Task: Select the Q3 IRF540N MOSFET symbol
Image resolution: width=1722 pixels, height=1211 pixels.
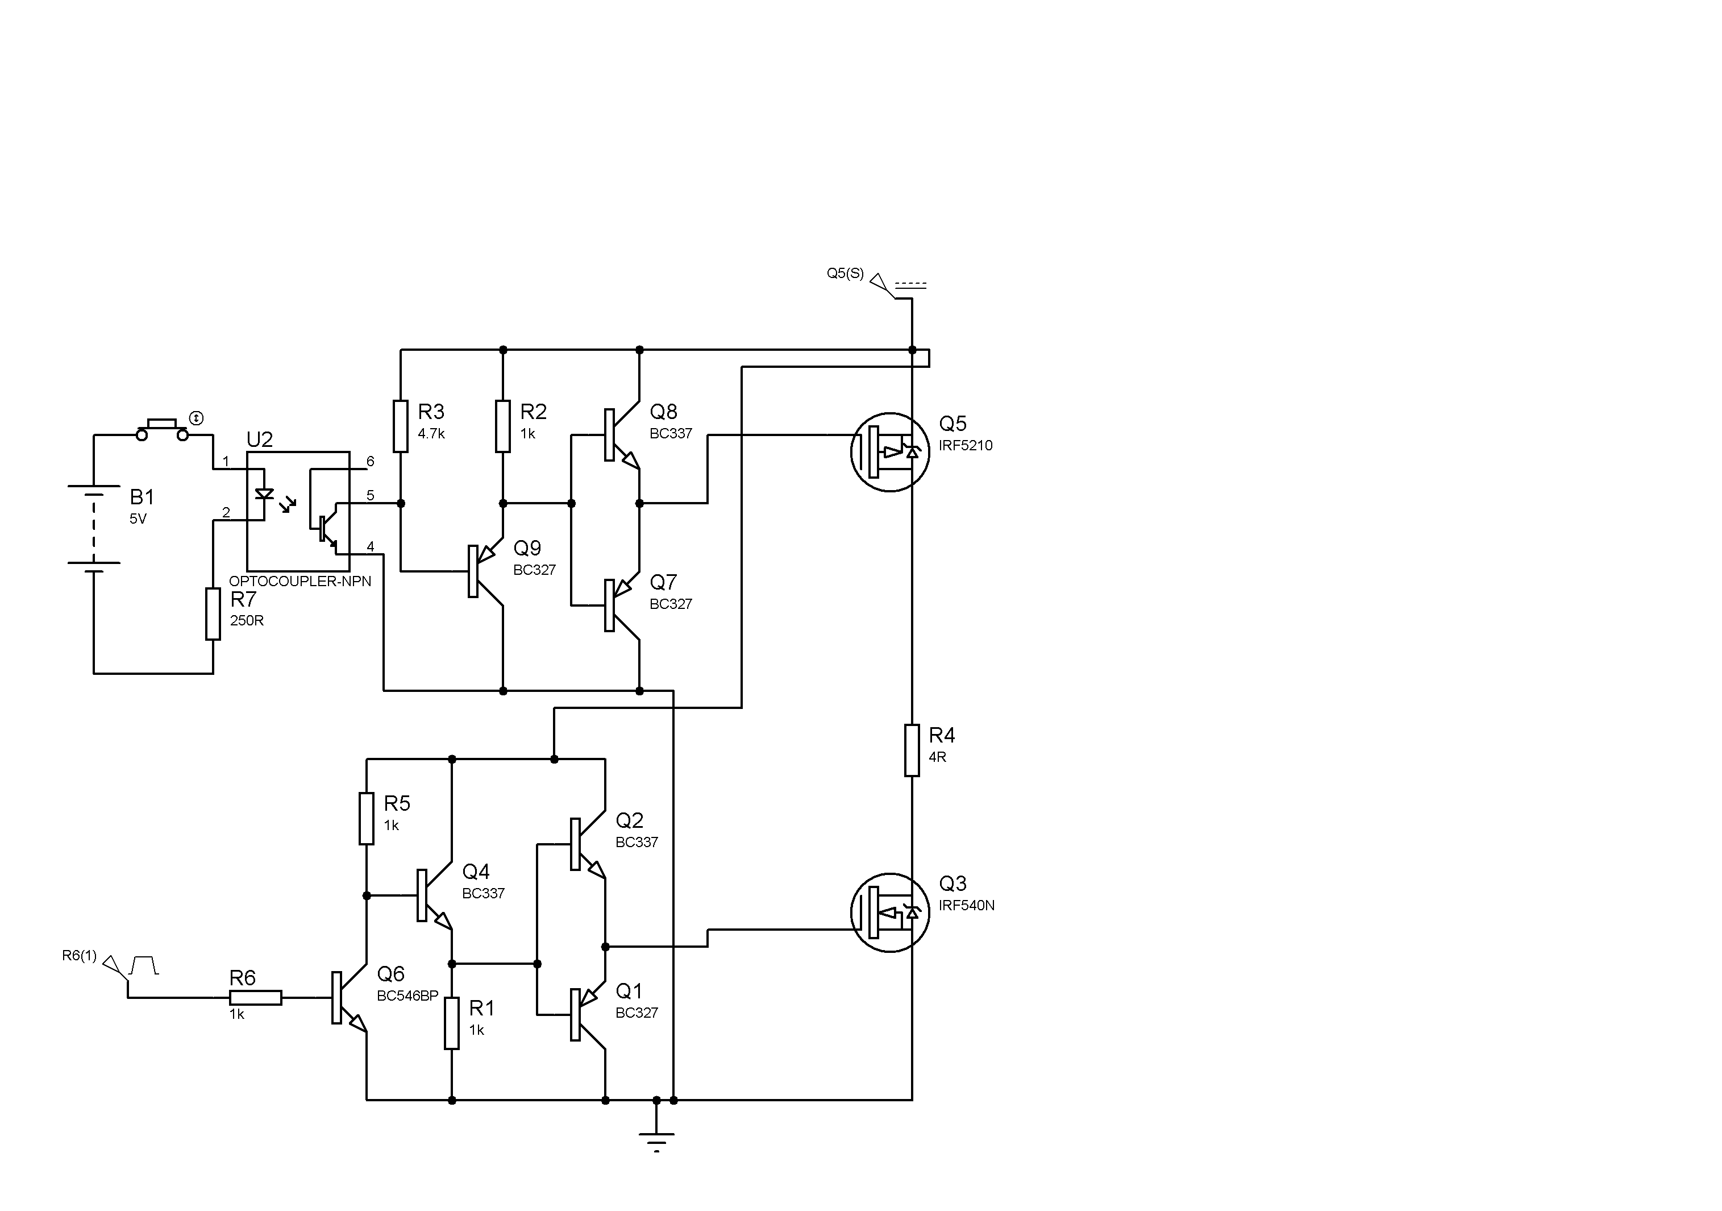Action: [889, 913]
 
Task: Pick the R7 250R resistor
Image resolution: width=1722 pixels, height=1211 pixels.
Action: [213, 614]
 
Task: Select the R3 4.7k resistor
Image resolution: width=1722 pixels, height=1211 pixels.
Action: [401, 426]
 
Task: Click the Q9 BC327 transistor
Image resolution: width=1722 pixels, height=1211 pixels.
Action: [484, 571]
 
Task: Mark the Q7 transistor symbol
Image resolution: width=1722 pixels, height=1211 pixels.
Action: [621, 605]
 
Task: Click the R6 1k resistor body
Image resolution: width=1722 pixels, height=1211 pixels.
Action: [255, 997]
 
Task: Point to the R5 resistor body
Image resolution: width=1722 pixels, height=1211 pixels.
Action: [366, 818]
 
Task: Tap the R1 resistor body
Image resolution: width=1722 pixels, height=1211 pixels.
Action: [451, 1023]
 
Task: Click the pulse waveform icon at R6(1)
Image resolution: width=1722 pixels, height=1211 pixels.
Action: [143, 965]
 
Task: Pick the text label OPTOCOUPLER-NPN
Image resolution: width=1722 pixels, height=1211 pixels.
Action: [300, 582]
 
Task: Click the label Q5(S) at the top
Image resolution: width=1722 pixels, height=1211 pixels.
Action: [845, 273]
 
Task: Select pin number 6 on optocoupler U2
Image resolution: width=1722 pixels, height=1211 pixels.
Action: [370, 462]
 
